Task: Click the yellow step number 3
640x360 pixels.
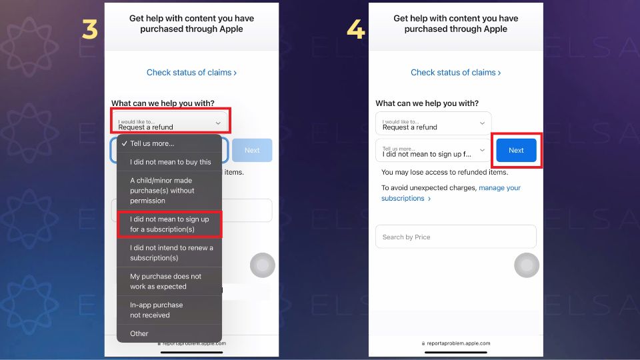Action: tap(89, 29)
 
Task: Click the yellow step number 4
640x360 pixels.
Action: tap(355, 29)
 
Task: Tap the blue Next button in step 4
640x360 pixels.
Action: tap(516, 151)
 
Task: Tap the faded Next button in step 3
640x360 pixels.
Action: tap(252, 151)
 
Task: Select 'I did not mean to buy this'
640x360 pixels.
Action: tap(170, 162)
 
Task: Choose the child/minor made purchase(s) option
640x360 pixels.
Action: tap(163, 190)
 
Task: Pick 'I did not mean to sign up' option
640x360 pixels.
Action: tap(169, 224)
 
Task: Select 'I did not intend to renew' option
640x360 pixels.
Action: tap(171, 253)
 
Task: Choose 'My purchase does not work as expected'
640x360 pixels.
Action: tap(166, 281)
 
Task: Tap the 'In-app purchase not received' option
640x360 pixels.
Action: tap(157, 310)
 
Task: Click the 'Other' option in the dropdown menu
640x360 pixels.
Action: tap(139, 333)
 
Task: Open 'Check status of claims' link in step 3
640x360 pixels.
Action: tap(191, 72)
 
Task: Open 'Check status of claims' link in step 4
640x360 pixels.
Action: tap(455, 72)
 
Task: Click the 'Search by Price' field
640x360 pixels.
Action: tap(455, 237)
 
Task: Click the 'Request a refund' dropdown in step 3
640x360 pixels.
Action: tap(169, 123)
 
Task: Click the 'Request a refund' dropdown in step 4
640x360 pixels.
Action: tap(433, 124)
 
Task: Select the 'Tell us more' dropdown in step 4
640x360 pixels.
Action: tap(433, 151)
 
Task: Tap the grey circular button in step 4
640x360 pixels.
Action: tap(527, 265)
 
